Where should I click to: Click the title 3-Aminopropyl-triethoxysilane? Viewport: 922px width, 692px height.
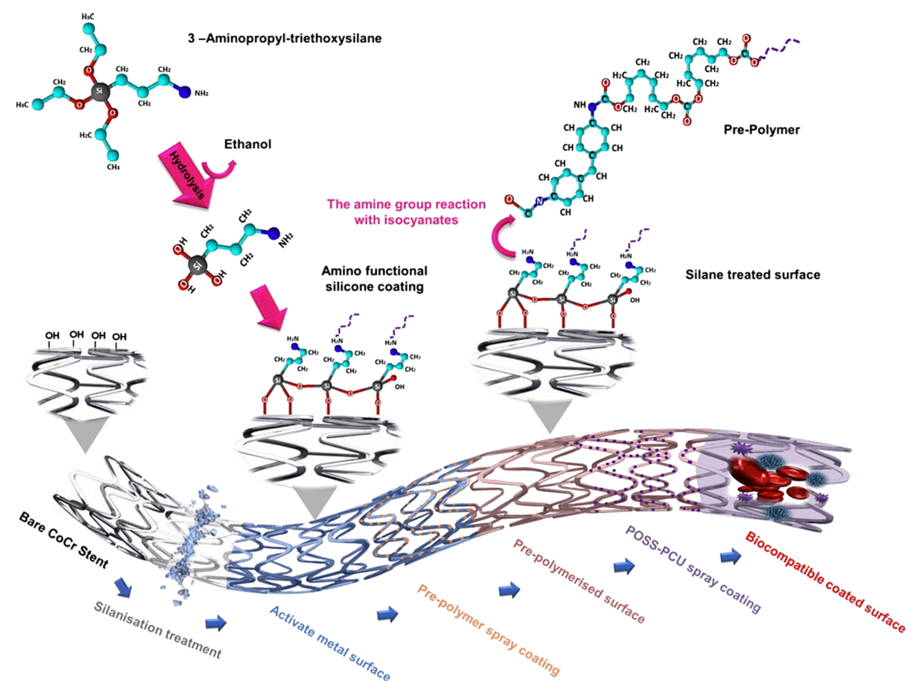click(x=285, y=38)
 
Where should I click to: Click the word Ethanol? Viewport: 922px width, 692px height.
click(x=248, y=144)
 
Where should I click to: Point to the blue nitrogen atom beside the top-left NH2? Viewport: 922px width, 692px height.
click(x=185, y=92)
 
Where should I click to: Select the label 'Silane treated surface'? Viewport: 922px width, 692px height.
click(x=753, y=275)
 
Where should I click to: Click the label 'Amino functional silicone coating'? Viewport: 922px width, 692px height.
click(x=374, y=279)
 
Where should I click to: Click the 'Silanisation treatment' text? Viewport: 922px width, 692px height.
click(x=158, y=630)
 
